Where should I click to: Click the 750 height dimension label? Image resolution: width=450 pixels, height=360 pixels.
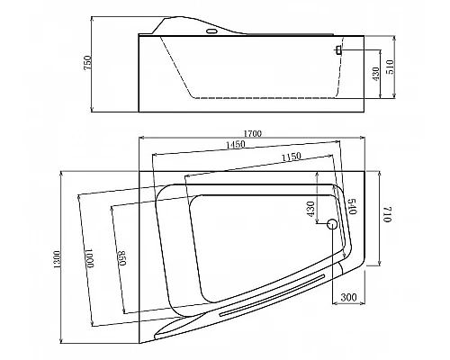[88, 63]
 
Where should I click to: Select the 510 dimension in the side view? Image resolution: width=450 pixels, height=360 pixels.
[390, 67]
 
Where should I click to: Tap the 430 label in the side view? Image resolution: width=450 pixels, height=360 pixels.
[375, 74]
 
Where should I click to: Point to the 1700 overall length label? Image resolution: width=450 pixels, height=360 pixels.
[253, 133]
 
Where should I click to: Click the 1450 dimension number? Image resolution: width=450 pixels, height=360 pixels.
[236, 145]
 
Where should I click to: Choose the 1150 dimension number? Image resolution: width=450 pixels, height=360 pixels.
[291, 157]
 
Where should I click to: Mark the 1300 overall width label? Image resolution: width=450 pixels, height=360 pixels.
[58, 259]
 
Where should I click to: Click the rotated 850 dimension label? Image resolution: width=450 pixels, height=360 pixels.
[121, 258]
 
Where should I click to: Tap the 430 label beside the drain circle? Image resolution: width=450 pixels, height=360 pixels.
[310, 209]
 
